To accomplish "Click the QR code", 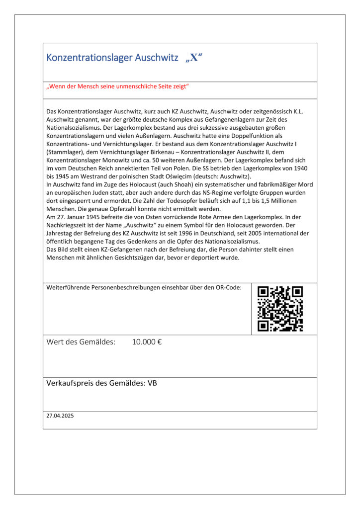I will pos(280,309).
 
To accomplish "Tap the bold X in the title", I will pos(194,58).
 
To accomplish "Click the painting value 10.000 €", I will pos(147,342).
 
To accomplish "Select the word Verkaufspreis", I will pos(71,383).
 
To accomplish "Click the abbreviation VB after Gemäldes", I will pos(152,383).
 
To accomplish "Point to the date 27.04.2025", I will pos(60,416).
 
